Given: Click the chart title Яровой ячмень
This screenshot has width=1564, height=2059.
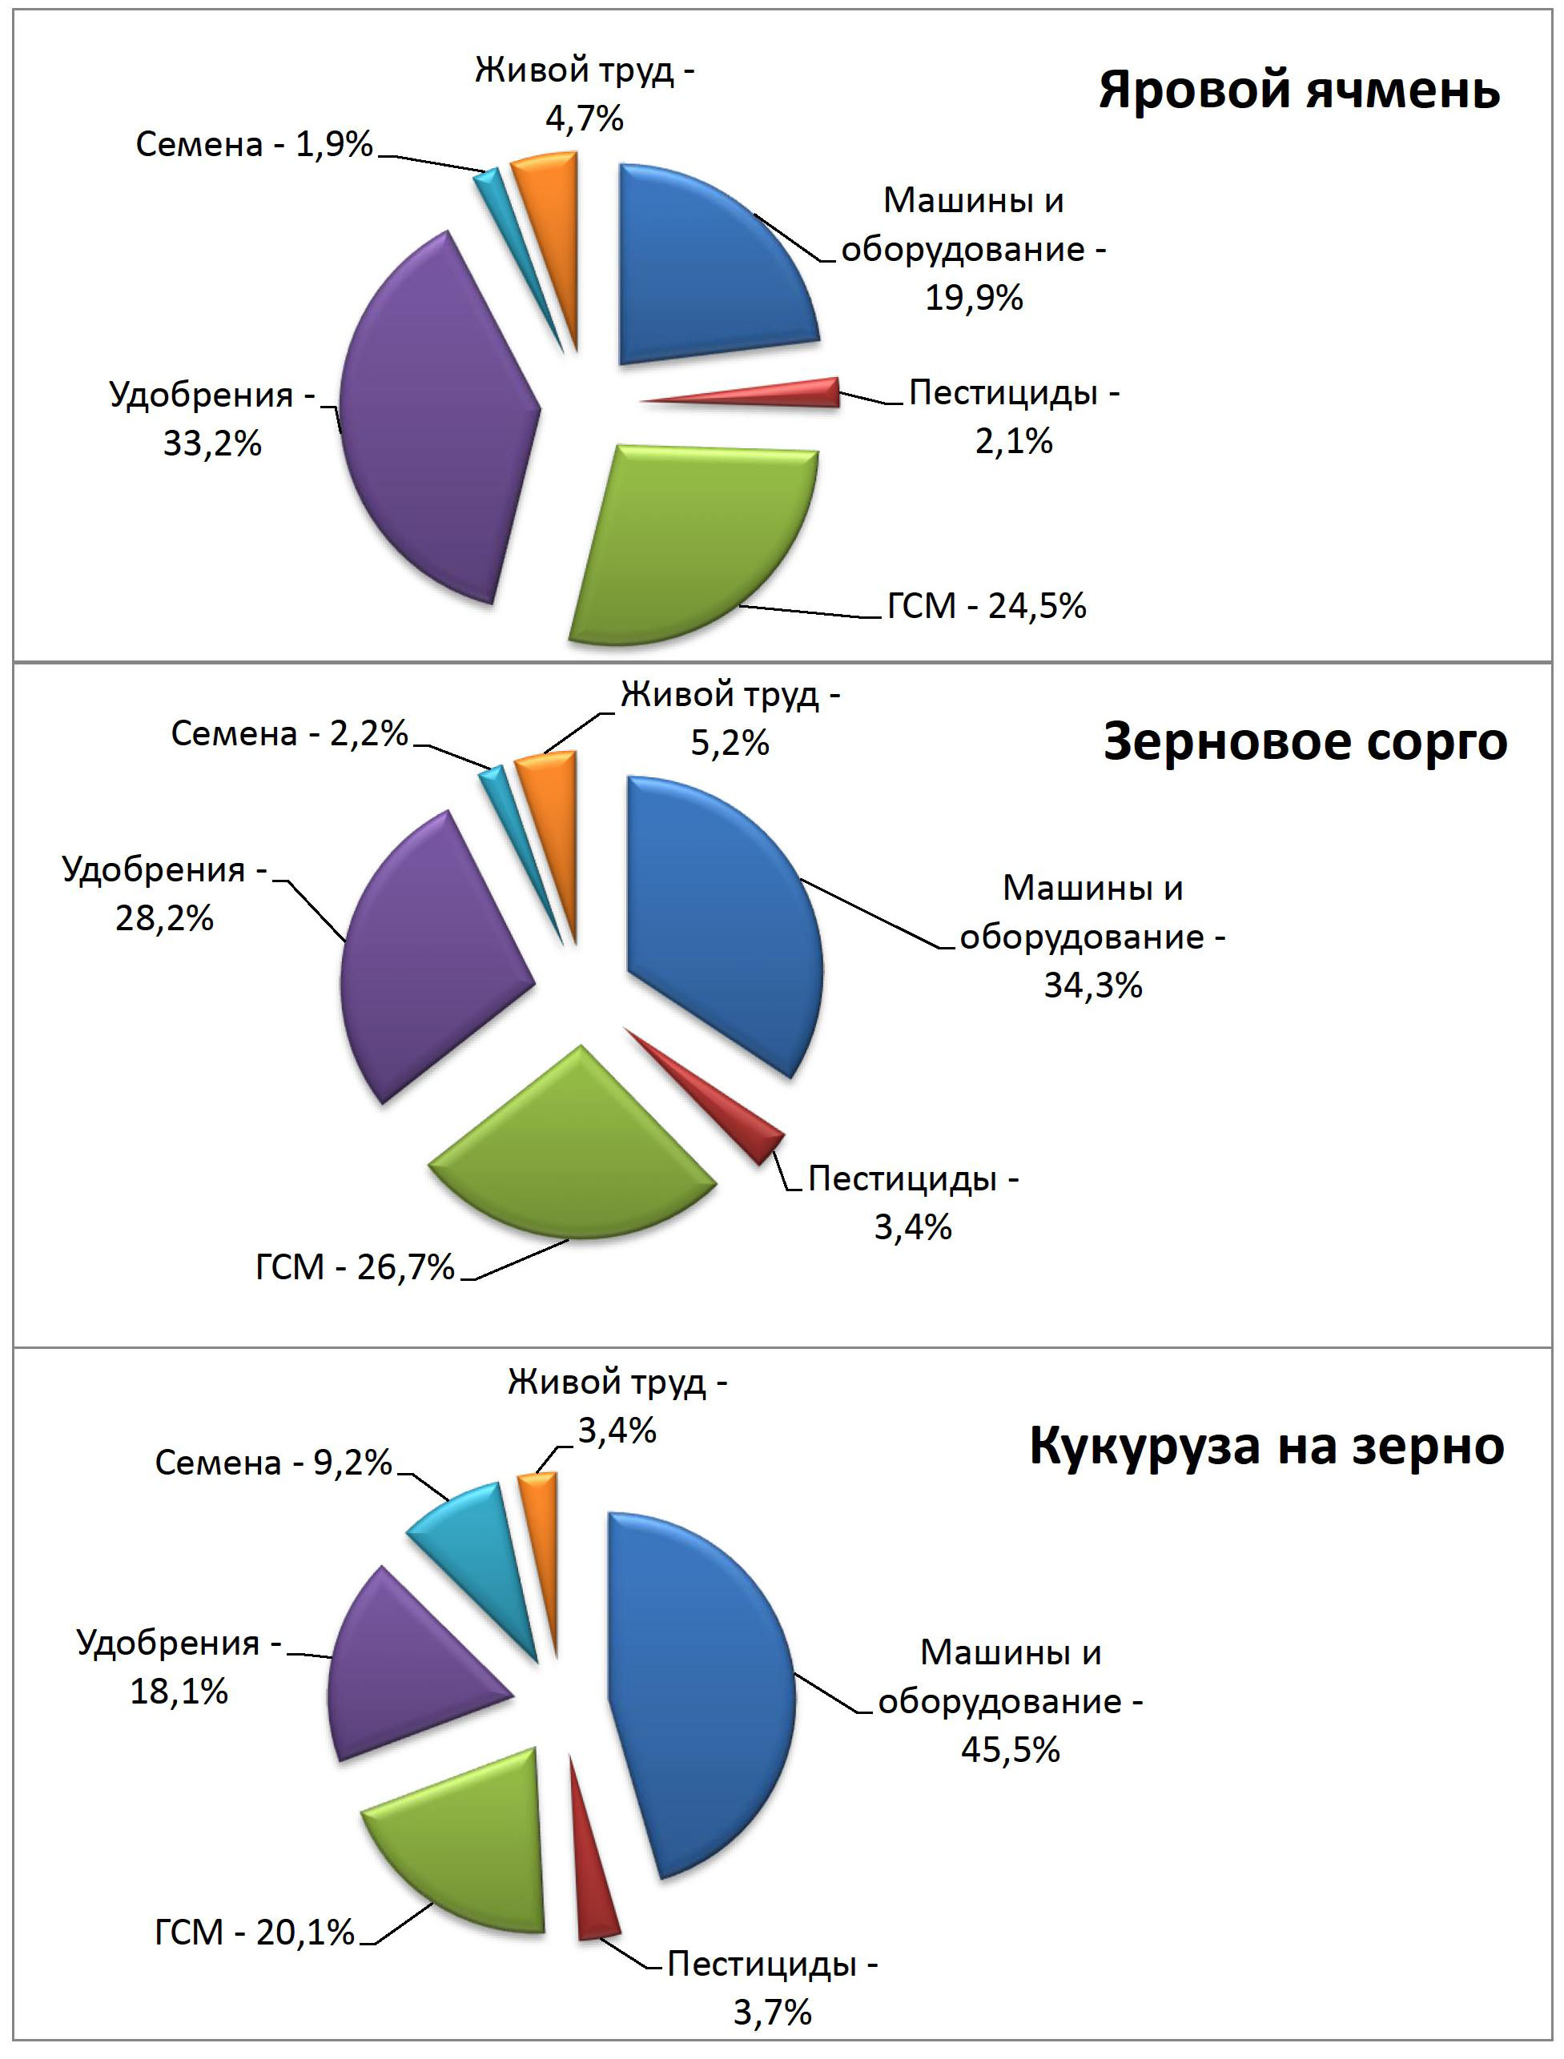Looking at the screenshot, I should tap(1299, 91).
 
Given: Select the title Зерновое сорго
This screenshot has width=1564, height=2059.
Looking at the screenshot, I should tap(1305, 743).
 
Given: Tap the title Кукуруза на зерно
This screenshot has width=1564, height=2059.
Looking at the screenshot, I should tap(1266, 1446).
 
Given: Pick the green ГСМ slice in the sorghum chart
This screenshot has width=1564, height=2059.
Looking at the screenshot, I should tap(573, 1154).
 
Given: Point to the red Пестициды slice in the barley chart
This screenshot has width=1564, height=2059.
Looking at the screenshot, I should tap(801, 394).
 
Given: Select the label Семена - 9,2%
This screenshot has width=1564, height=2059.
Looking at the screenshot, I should tap(273, 1463).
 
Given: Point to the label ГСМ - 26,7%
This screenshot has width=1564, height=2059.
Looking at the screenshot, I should tap(355, 1267).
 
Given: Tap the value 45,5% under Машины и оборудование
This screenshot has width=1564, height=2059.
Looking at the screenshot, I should tap(1010, 1749).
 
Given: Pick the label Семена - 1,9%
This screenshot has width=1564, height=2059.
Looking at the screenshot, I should tap(254, 144).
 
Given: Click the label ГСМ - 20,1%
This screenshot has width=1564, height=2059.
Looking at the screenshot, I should tap(254, 1933).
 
